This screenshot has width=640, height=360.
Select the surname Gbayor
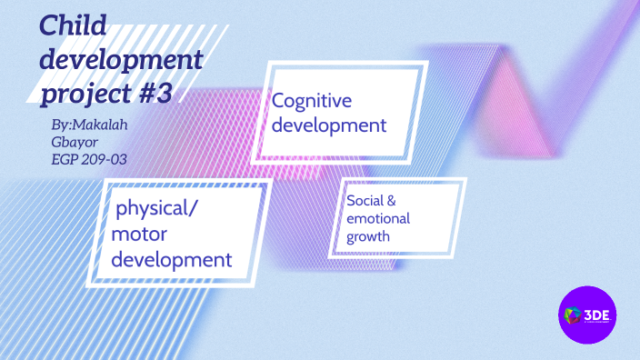75,142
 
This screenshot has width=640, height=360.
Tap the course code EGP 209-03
89,158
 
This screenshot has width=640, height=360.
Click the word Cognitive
311,101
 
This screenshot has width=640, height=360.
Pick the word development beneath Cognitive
329,125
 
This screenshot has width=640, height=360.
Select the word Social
365,200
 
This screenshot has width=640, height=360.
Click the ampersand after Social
392,200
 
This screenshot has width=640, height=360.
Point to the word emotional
378,219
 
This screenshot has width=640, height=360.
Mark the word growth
367,238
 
